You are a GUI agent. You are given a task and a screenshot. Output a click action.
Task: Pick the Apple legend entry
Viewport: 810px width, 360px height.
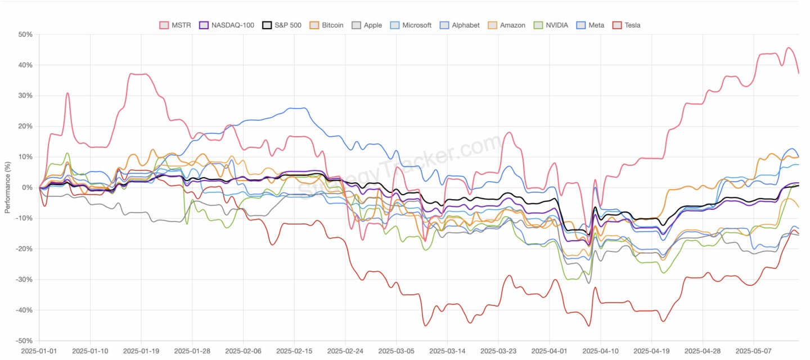[367, 25]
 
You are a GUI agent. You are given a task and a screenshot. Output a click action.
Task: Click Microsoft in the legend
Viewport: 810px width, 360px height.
[411, 25]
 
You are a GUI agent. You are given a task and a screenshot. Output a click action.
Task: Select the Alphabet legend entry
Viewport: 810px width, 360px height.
[460, 25]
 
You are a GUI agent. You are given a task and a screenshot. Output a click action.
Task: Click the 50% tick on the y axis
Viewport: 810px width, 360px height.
[26, 34]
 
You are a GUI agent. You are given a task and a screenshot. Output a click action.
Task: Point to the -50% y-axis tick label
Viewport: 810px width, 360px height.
[25, 341]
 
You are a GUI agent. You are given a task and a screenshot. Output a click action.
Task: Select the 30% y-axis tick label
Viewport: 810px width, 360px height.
[26, 96]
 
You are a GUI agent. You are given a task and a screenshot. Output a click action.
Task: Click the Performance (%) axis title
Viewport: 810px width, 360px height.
[7, 188]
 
